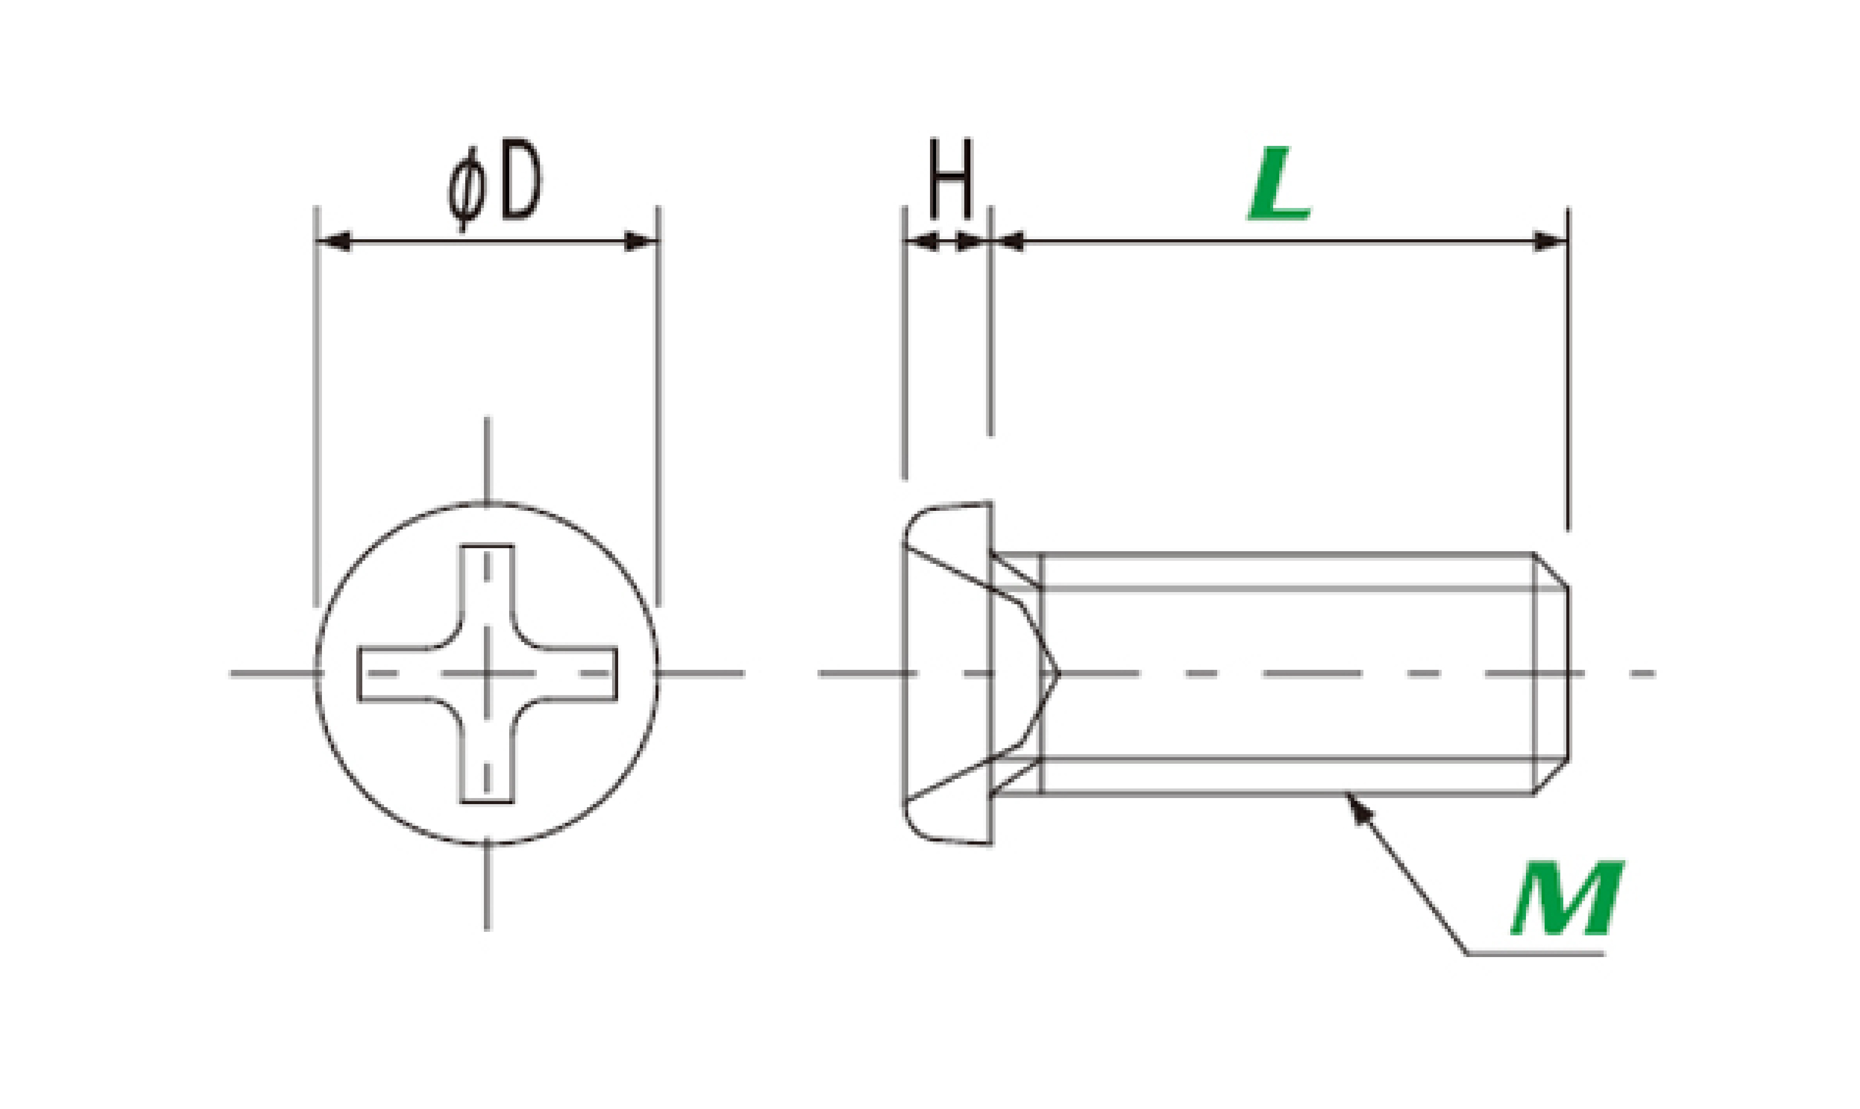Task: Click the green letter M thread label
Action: pyautogui.click(x=1568, y=899)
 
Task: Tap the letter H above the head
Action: pyautogui.click(x=951, y=179)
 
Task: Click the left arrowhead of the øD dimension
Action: pyautogui.click(x=333, y=241)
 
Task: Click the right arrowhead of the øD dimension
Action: pyautogui.click(x=641, y=241)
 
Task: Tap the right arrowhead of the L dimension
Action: pyautogui.click(x=1551, y=241)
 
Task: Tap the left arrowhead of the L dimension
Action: pyautogui.click(x=1008, y=241)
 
